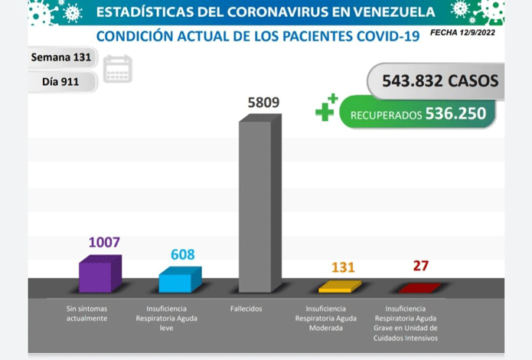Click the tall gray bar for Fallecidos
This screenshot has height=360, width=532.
tap(260, 203)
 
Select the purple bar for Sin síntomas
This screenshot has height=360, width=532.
tap(100, 273)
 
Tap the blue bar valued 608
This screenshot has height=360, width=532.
tap(180, 280)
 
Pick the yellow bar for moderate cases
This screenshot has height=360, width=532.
tap(340, 286)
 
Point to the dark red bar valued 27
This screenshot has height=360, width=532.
tap(420, 288)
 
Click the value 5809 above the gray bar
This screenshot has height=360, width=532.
tap(263, 102)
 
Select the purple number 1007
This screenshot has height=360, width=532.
tap(104, 242)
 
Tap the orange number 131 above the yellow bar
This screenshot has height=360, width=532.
tap(343, 267)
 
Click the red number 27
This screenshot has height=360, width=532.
tap(421, 266)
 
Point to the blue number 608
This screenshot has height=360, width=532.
tap(182, 254)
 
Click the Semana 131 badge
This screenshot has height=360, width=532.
tap(61, 57)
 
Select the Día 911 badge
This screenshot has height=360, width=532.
tap(61, 81)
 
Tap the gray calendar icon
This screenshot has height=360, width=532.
tap(117, 69)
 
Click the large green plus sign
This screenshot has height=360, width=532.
tap(325, 112)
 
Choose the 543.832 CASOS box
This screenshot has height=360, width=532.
tap(436, 81)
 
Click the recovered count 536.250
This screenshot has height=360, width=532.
tap(455, 113)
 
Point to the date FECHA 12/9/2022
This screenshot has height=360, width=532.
tap(462, 33)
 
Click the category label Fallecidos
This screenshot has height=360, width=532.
tap(246, 309)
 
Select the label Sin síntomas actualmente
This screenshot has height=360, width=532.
tap(86, 313)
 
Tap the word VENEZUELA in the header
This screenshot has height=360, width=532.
tap(394, 12)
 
